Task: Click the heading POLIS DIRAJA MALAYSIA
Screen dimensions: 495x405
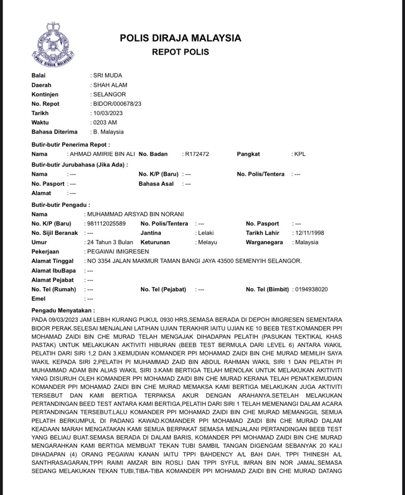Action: [180, 38]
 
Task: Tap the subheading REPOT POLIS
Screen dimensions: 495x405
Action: [180, 52]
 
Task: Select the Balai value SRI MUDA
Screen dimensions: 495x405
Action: [108, 75]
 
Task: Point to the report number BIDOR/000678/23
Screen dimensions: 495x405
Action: [117, 104]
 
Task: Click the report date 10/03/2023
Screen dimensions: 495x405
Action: [108, 113]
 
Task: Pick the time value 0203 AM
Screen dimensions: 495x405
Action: [105, 122]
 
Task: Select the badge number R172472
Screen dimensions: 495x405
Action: [197, 154]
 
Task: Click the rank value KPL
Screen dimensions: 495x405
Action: [300, 154]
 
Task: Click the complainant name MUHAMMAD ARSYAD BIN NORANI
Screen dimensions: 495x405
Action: [135, 214]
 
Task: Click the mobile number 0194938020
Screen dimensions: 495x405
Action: [311, 289]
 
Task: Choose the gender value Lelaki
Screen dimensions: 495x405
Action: [206, 233]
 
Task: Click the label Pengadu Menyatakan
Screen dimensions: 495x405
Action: [63, 310]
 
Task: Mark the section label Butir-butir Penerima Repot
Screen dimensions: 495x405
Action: [71, 145]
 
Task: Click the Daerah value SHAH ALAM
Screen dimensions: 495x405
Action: [110, 85]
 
